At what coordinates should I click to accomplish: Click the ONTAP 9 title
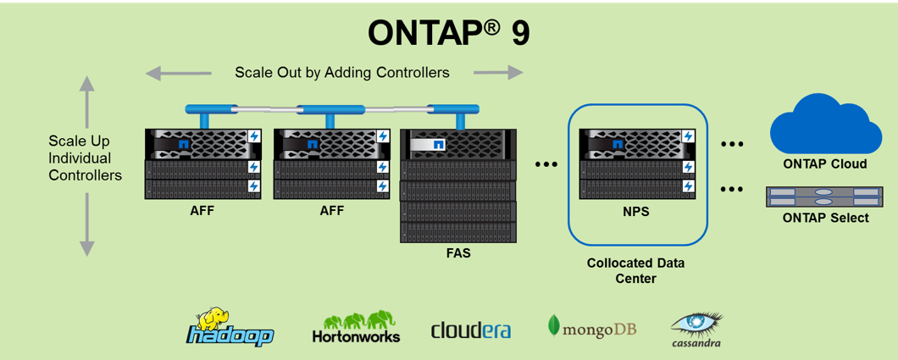[x=448, y=34]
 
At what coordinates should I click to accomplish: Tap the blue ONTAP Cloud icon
[x=826, y=125]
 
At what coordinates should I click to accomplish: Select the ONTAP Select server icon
[x=825, y=197]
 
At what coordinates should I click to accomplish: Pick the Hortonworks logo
[x=356, y=327]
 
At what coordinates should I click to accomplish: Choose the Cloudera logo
[x=471, y=330]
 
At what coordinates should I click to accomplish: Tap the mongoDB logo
[x=592, y=327]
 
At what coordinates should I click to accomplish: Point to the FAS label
[x=458, y=252]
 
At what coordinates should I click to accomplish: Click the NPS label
[x=635, y=211]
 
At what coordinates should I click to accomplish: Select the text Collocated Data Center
[x=635, y=271]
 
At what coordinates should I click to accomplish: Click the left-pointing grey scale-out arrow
[x=178, y=73]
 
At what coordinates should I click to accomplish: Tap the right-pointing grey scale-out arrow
[x=498, y=73]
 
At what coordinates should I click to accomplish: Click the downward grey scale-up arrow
[x=86, y=224]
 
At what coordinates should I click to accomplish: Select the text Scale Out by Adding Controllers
[x=342, y=73]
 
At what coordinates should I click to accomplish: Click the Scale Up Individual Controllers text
[x=86, y=158]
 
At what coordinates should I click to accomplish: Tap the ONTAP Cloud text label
[x=825, y=164]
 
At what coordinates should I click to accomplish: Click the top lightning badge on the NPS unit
[x=688, y=136]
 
